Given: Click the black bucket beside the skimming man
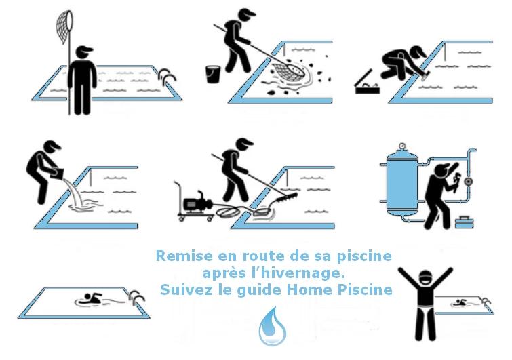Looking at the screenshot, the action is point(212,75).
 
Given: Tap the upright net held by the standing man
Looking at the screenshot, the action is point(65,28).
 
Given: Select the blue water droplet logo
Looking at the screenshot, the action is point(273,326).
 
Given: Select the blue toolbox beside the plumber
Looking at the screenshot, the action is point(465,222).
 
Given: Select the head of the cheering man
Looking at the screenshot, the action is point(425,279).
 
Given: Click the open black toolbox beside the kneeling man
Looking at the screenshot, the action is point(366,84).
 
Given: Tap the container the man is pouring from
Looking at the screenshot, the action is point(56,173).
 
